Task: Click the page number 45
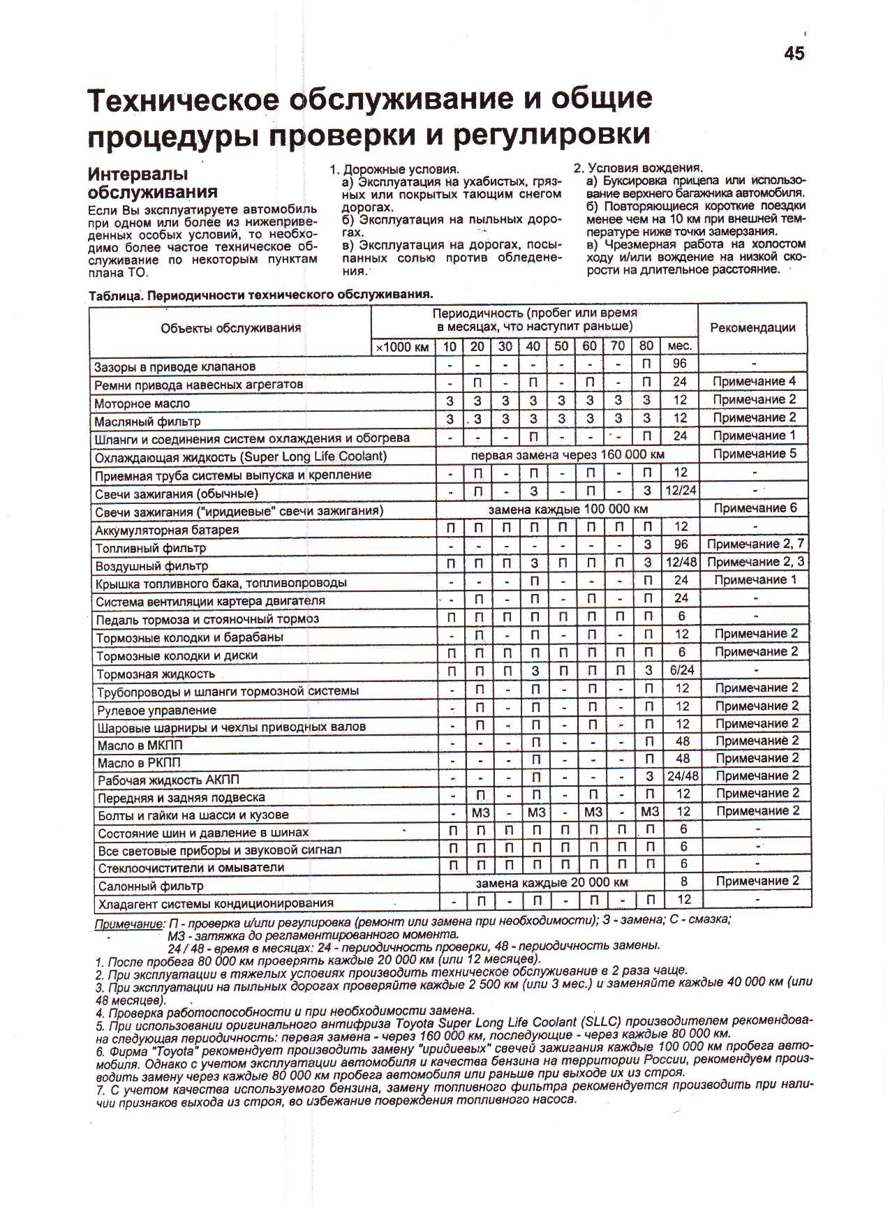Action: point(794,54)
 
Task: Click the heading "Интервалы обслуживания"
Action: point(152,182)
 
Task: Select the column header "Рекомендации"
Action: point(752,327)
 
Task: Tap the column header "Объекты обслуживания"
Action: point(230,328)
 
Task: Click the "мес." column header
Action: point(679,346)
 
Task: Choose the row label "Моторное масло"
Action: point(142,403)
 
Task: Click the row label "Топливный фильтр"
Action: point(151,548)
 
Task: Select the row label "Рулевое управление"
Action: point(157,710)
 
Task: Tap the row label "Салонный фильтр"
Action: point(150,886)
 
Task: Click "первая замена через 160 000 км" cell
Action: point(568,455)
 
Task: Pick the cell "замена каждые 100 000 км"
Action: point(568,510)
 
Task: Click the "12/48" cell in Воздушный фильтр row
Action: point(681,563)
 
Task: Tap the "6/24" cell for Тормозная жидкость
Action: point(681,670)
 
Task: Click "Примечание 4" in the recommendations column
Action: point(754,382)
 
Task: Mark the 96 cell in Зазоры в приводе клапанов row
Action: point(680,364)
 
